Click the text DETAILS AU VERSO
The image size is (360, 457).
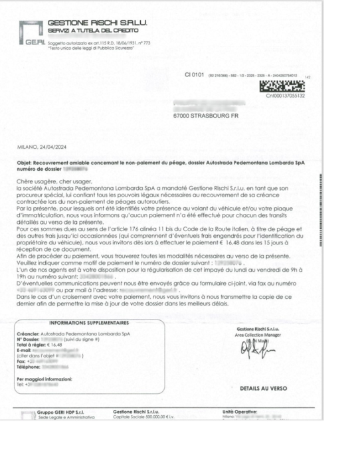[262, 388]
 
